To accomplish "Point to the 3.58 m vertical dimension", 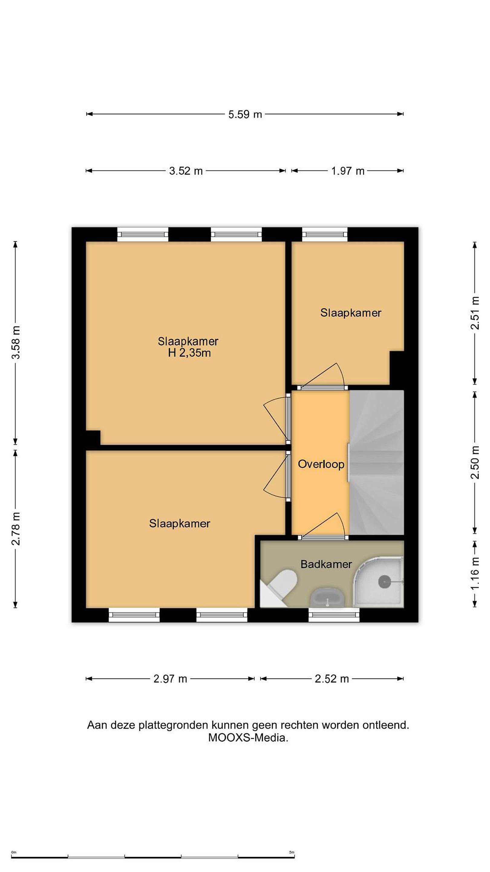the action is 15,342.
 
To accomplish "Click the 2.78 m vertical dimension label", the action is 15,529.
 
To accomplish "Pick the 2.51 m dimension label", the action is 475,312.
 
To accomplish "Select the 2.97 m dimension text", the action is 170,679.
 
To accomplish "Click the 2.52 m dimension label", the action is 332,679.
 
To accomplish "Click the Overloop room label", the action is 321,464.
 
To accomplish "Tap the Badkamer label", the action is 326,564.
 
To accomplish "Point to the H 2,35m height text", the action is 189,353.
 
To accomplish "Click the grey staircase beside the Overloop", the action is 377,462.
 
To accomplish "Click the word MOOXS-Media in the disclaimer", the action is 248,737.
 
